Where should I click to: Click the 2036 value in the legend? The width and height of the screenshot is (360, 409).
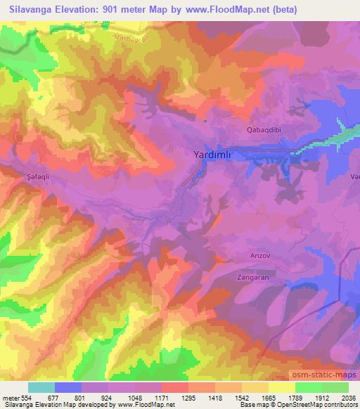pos(348,398)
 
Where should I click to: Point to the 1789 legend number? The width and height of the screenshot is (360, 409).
pos(295,398)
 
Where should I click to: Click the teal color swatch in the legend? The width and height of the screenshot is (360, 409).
pos(41,387)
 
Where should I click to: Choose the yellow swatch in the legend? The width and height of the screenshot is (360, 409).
pos(282,387)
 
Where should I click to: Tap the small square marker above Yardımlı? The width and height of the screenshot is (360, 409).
pos(205,120)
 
